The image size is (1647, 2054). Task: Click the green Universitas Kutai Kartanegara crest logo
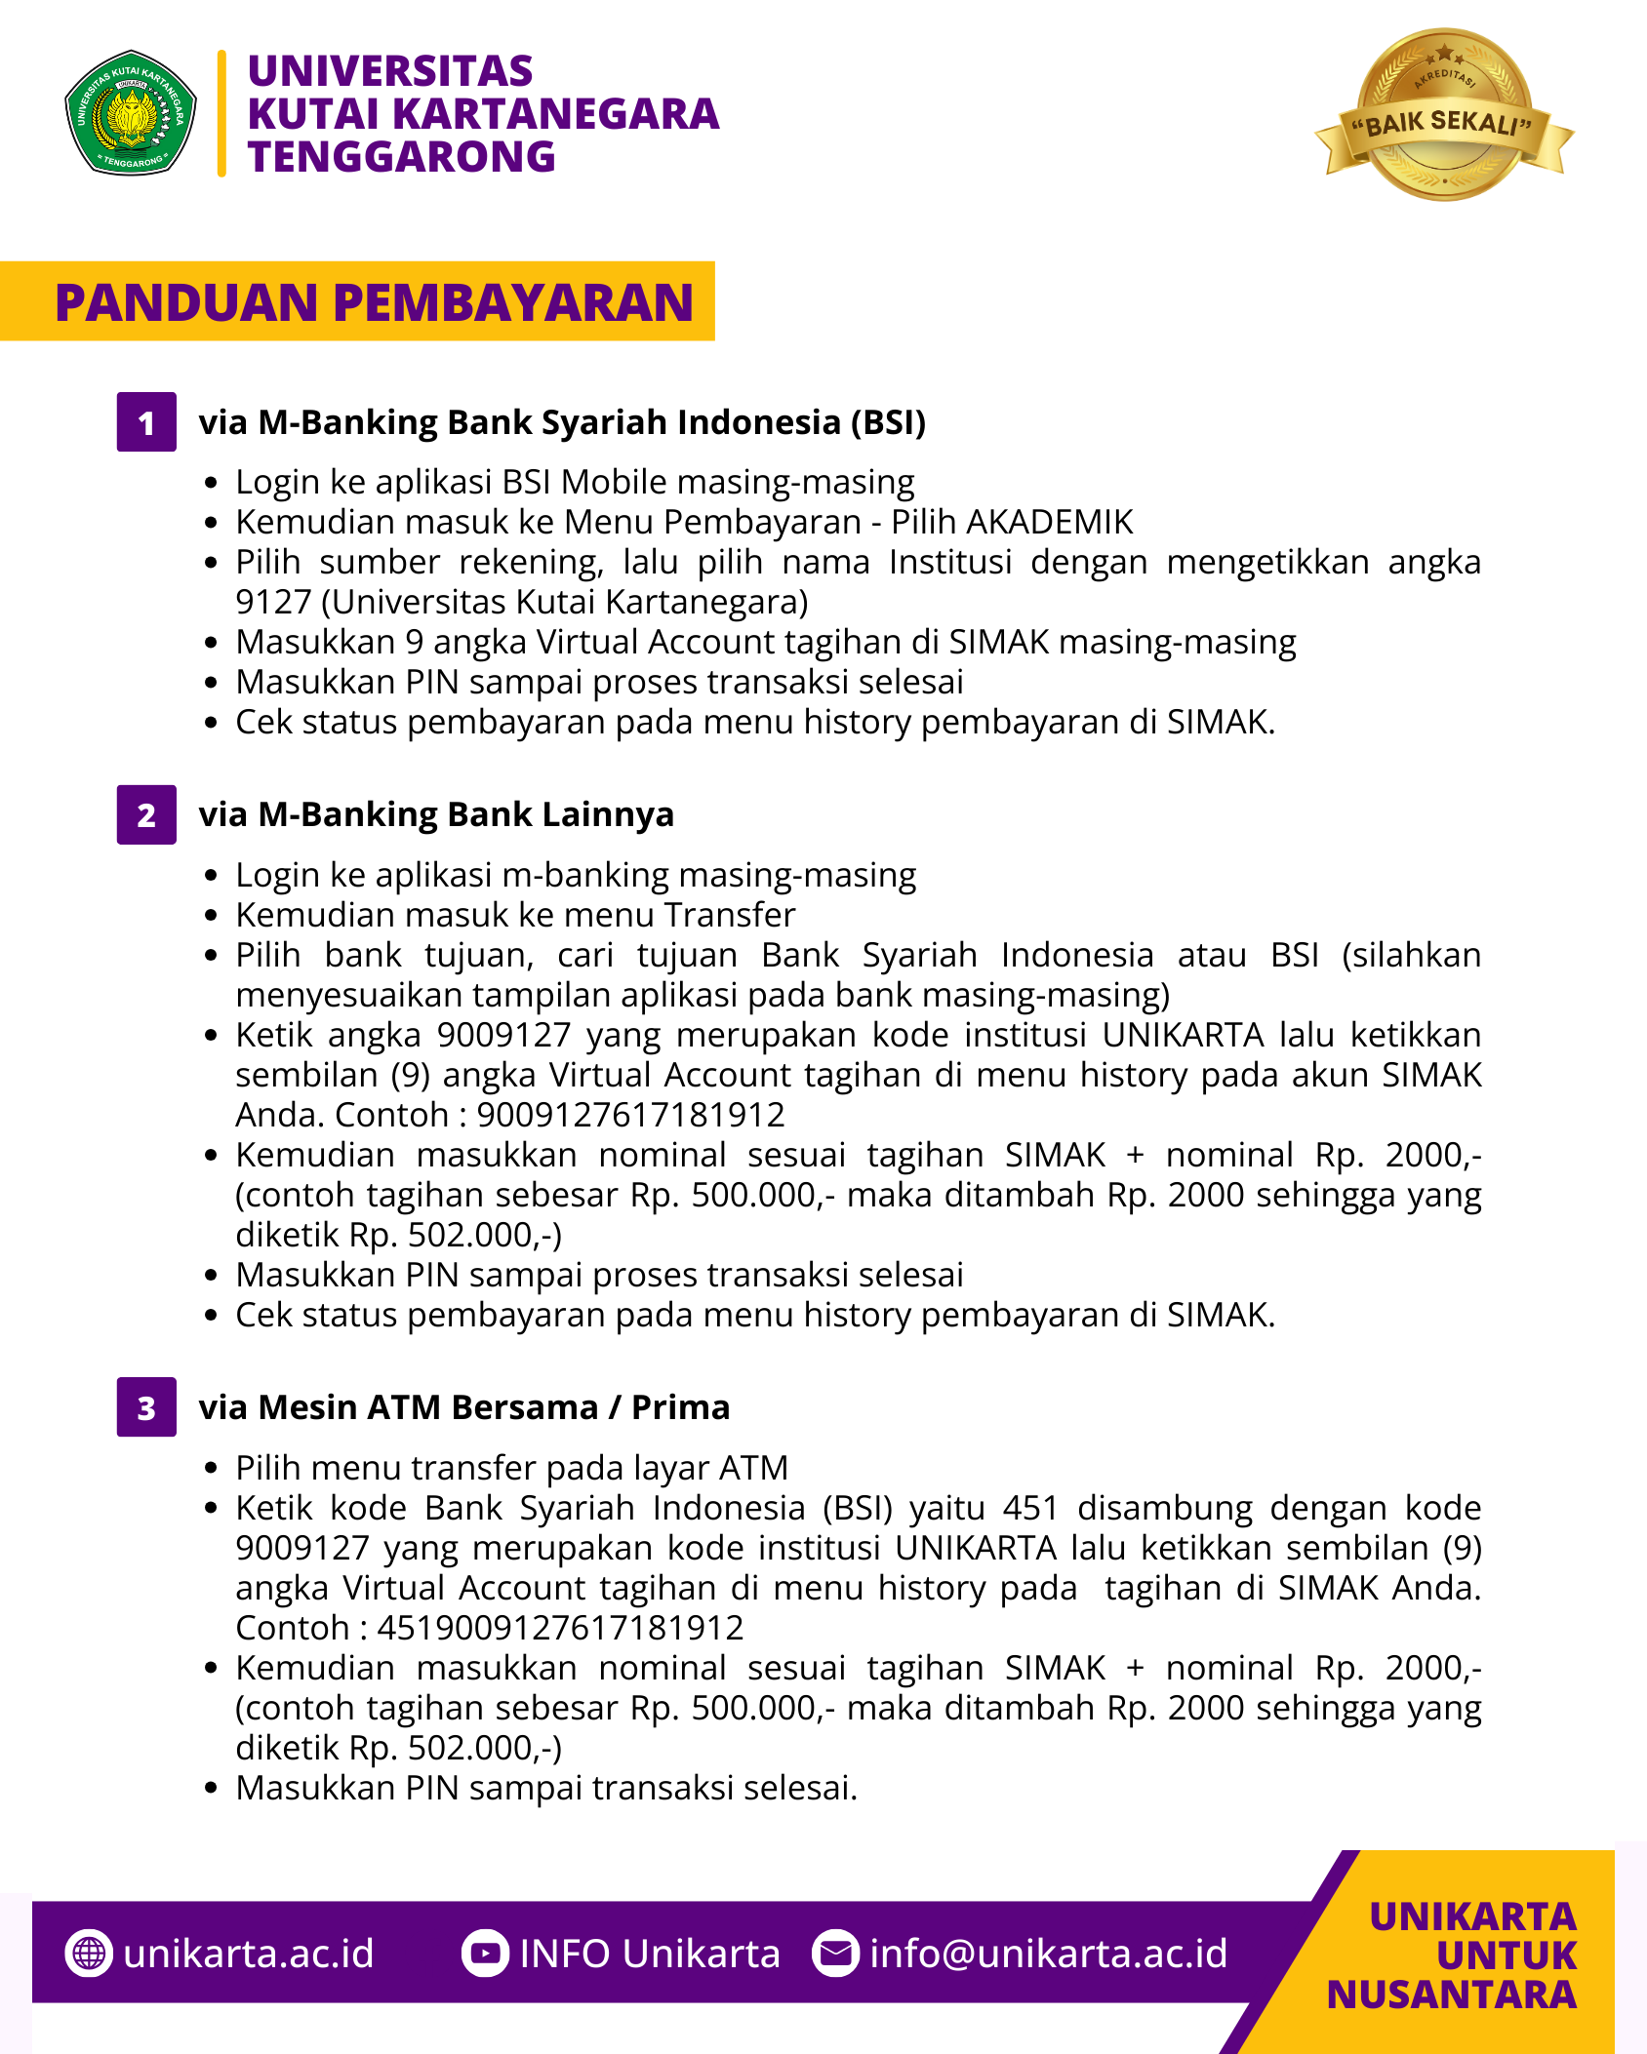(131, 113)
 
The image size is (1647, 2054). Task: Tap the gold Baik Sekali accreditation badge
(1444, 115)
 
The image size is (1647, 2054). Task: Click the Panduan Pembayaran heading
(374, 302)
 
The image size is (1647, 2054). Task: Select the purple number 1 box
(146, 422)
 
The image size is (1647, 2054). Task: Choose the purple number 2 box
(146, 814)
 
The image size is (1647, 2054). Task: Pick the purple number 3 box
(146, 1407)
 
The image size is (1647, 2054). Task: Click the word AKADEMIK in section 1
(1049, 522)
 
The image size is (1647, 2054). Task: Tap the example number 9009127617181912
(630, 1115)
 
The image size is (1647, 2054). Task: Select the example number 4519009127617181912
(560, 1628)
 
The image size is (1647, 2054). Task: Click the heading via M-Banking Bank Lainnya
(436, 814)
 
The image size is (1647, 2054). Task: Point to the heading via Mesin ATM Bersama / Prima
(463, 1407)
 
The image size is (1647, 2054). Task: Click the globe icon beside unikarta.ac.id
(89, 1954)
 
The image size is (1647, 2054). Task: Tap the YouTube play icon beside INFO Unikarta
(485, 1954)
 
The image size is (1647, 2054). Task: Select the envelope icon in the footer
(835, 1954)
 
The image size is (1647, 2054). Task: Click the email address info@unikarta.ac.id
(1048, 1954)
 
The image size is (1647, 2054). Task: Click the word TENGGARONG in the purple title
(401, 157)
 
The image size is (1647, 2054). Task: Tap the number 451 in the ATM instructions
(1030, 1508)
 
